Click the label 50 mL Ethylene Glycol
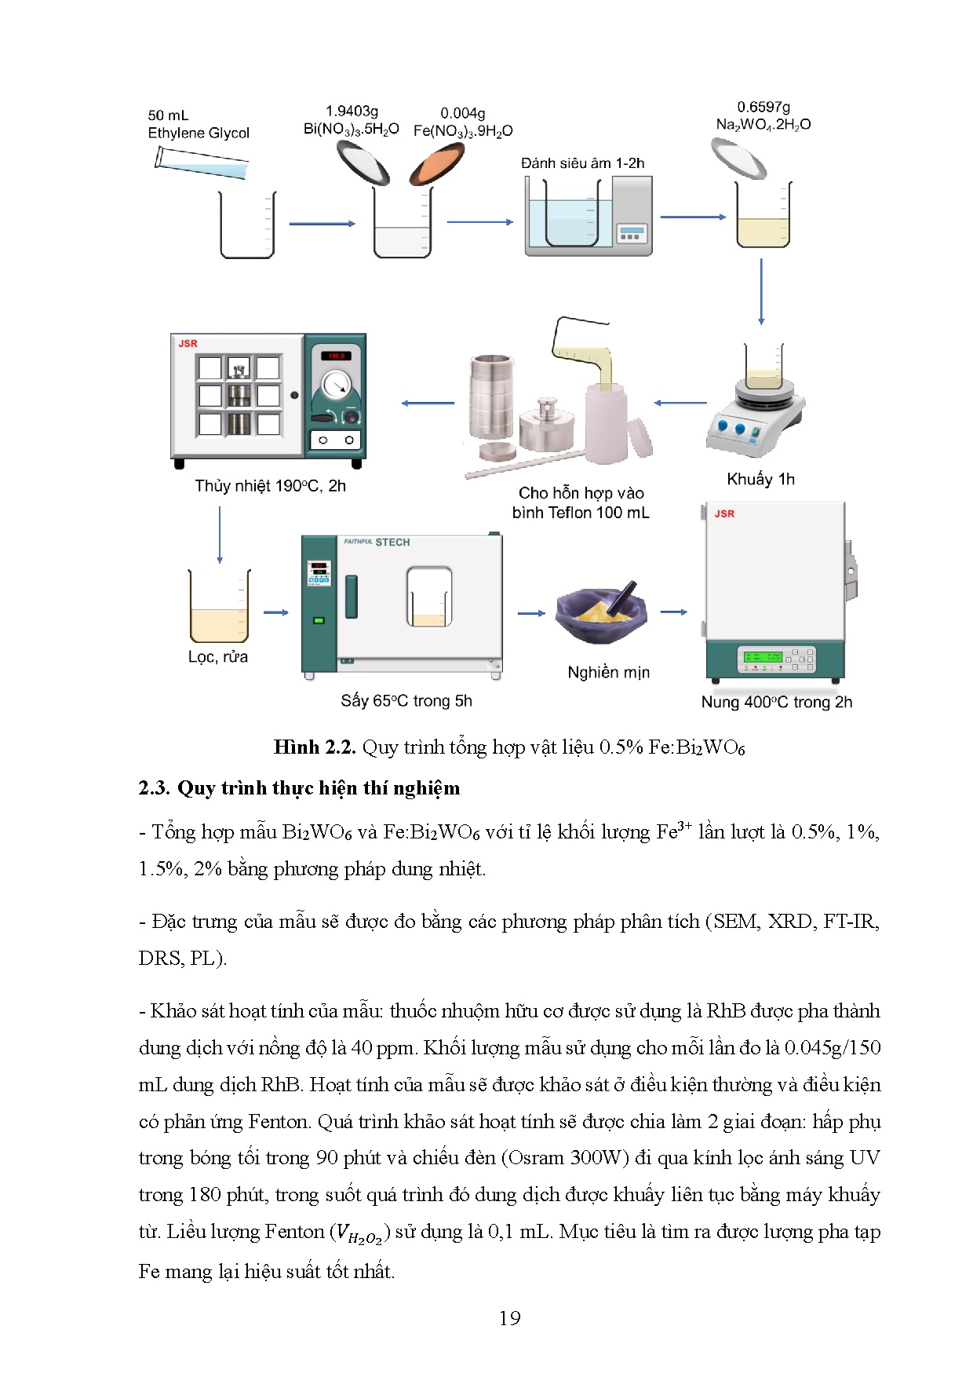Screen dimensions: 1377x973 coord(198,124)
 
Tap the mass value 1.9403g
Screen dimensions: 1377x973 coord(352,111)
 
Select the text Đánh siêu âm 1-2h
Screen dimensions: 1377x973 coord(582,163)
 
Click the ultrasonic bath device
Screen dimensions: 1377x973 coord(589,216)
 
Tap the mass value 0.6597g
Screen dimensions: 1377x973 coord(763,107)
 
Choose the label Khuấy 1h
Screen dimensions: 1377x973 coord(760,479)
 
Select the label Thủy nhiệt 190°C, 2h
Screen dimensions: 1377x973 coord(270,486)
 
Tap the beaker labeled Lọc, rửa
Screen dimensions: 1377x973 coord(219,608)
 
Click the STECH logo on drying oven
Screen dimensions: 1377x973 coord(392,542)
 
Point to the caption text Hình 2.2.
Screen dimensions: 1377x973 coord(315,747)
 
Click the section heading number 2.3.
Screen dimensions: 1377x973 coord(153,787)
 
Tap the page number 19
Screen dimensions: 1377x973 coord(509,1318)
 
